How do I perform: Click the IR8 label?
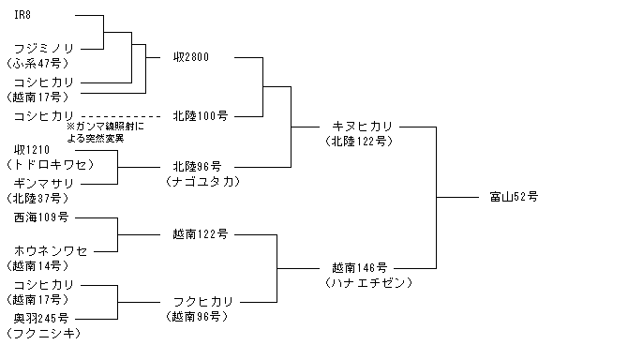[22, 15]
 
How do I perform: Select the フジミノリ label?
[44, 49]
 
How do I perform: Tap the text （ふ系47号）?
[37, 63]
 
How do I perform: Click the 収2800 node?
[191, 57]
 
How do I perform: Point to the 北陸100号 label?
[201, 116]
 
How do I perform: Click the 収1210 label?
[32, 150]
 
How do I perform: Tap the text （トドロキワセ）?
[50, 165]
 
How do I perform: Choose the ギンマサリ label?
[44, 184]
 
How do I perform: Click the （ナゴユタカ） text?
[202, 182]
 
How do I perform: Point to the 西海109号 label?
[41, 217]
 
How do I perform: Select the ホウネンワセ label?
[51, 251]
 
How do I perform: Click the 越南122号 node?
[201, 234]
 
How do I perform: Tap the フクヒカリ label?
[203, 302]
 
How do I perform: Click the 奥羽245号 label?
[41, 319]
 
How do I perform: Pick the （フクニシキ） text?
[44, 333]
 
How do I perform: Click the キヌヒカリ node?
[362, 127]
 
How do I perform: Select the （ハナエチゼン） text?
[369, 283]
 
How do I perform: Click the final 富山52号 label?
[514, 197]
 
